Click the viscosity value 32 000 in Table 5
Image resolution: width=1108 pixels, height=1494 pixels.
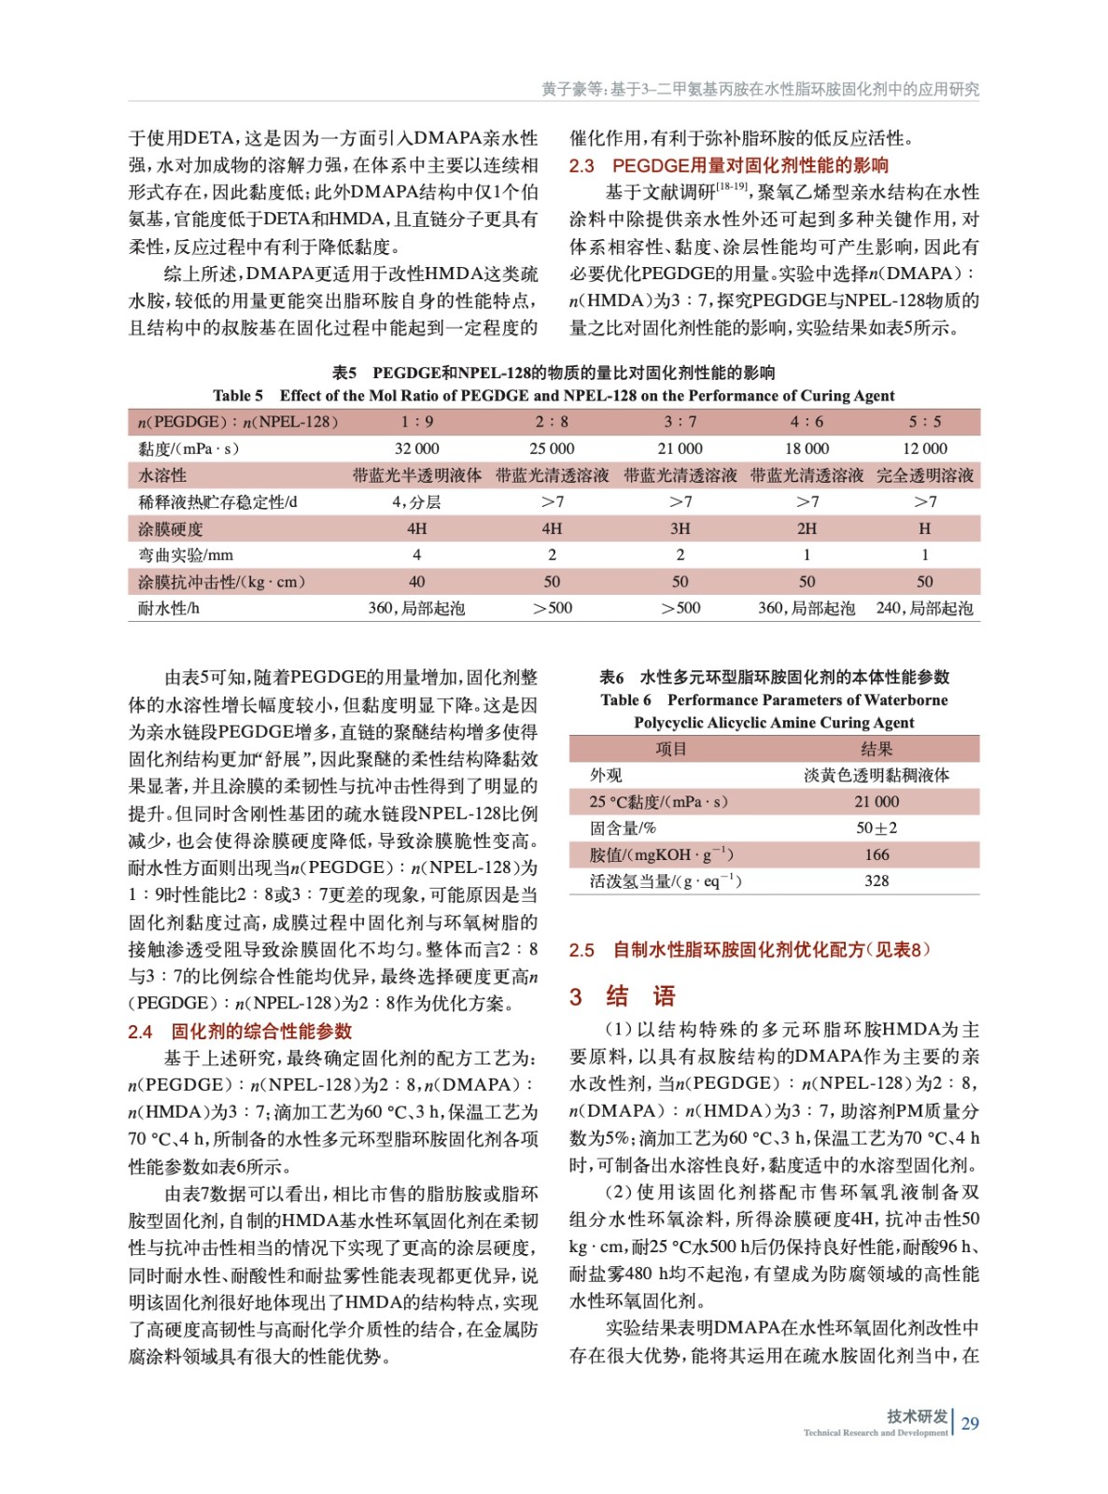pyautogui.click(x=416, y=448)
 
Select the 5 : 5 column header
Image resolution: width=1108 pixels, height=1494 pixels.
pyautogui.click(x=924, y=422)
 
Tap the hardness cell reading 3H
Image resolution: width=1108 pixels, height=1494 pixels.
pyautogui.click(x=680, y=529)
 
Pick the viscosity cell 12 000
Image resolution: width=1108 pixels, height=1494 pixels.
pyautogui.click(x=924, y=448)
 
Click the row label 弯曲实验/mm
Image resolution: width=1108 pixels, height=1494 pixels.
pyautogui.click(x=186, y=555)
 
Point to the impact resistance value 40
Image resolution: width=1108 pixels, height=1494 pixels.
pyautogui.click(x=416, y=582)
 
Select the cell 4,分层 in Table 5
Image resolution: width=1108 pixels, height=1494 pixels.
pyautogui.click(x=416, y=501)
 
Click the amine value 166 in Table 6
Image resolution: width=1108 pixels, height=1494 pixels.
pyautogui.click(x=877, y=854)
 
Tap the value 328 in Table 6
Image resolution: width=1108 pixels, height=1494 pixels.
pyautogui.click(x=877, y=881)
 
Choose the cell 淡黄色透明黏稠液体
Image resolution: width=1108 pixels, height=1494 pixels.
pyautogui.click(x=877, y=775)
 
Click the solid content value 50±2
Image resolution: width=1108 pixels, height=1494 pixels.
pyautogui.click(x=877, y=828)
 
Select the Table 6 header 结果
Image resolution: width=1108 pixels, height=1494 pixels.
pyautogui.click(x=877, y=749)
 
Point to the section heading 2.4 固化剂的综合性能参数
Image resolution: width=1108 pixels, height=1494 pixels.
pyautogui.click(x=240, y=1031)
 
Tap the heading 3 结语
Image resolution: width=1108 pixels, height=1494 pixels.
pyautogui.click(x=623, y=996)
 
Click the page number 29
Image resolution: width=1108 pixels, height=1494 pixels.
pyautogui.click(x=970, y=1423)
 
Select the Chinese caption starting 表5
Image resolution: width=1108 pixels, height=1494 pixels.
pyautogui.click(x=554, y=373)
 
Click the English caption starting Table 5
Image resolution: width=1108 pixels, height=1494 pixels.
pyautogui.click(x=554, y=396)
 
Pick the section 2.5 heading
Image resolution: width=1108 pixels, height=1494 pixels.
pyautogui.click(x=750, y=950)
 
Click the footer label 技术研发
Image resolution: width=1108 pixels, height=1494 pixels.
pyautogui.click(x=917, y=1416)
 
